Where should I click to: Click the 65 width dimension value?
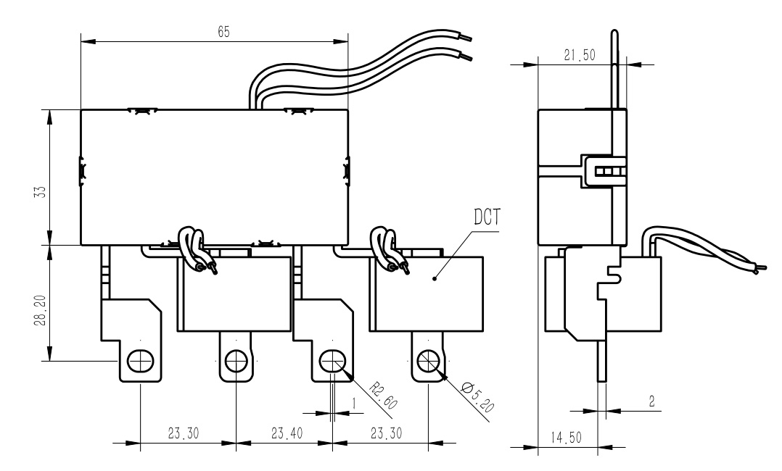[x=224, y=32]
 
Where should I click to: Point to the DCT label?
[x=486, y=217]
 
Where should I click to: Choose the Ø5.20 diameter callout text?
[x=477, y=397]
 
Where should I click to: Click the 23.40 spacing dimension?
[x=287, y=433]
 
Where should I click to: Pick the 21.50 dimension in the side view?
[x=580, y=55]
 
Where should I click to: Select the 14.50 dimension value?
[x=566, y=438]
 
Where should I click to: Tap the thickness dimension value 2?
[x=652, y=401]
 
